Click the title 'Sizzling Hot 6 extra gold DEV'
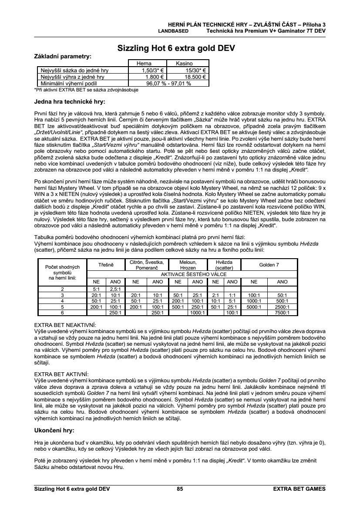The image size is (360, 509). tap(176, 49)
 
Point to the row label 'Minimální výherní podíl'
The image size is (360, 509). tap(70, 83)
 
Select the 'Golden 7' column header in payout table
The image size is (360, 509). tap(270, 265)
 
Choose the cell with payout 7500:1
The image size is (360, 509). tap(283, 312)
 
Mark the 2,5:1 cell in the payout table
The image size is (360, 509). tap(115, 289)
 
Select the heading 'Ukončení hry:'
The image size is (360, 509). tap(54, 430)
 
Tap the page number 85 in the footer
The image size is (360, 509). tap(180, 489)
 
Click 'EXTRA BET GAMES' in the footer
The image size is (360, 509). tap(299, 489)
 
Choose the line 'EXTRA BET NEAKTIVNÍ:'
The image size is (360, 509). tap(65, 324)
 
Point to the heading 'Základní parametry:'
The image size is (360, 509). tap(63, 56)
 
